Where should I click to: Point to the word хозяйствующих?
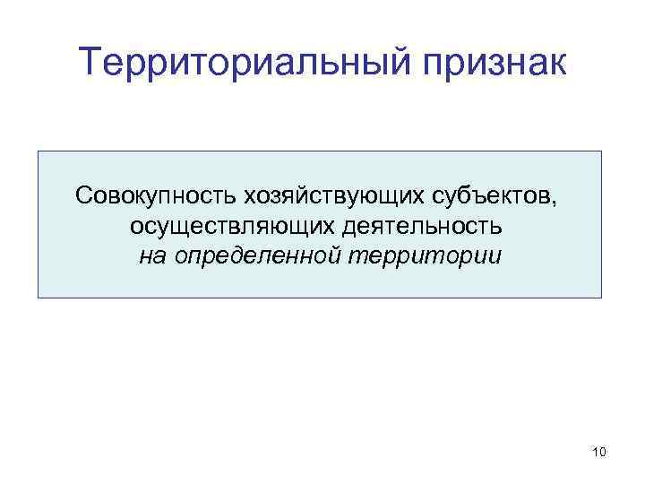tap(318, 194)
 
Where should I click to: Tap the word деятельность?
tap(419, 226)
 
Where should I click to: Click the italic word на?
tap(150, 256)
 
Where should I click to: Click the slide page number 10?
tap(599, 453)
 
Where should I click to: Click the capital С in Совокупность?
tap(83, 194)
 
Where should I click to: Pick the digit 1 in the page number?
tap(596, 453)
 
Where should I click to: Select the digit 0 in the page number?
tap(603, 453)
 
